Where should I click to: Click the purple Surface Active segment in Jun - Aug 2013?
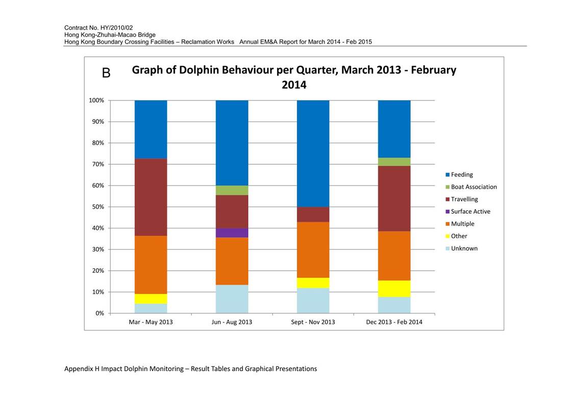(x=232, y=233)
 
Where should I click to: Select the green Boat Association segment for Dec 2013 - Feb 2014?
(x=394, y=162)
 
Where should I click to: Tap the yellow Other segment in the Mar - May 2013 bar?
(x=151, y=299)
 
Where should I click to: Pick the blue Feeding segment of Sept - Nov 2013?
(x=313, y=154)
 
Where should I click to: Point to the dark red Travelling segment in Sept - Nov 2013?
(x=313, y=214)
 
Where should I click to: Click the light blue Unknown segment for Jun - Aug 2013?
(x=232, y=299)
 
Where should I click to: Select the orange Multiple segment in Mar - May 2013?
(x=151, y=265)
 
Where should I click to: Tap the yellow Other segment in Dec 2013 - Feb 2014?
(x=394, y=289)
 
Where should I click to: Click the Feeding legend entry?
(x=459, y=174)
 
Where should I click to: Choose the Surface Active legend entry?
(x=468, y=212)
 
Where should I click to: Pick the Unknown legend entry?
(x=462, y=248)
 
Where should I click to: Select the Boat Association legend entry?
(x=471, y=187)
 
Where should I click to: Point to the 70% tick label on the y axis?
(x=98, y=164)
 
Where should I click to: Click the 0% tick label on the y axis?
(x=100, y=313)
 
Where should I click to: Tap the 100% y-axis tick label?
(x=96, y=100)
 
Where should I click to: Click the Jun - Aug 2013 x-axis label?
(x=232, y=322)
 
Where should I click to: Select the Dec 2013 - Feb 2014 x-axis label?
(x=394, y=322)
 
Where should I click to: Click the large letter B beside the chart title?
(x=106, y=73)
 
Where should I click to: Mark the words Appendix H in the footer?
(x=82, y=369)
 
